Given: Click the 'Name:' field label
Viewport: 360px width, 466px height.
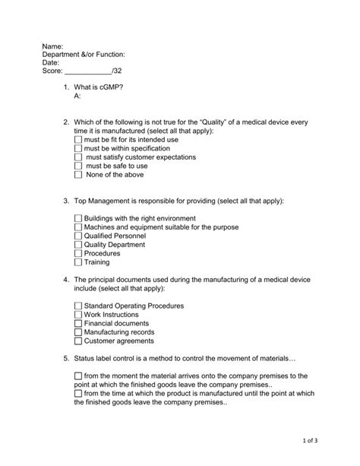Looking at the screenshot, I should click(52, 46).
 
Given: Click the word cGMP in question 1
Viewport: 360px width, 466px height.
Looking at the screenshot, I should click(109, 88).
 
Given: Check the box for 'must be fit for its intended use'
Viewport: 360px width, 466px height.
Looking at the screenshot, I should click(78, 140).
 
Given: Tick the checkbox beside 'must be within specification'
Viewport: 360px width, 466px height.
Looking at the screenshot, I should click(78, 149).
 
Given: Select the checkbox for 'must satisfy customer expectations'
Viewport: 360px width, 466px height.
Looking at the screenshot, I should click(78, 157).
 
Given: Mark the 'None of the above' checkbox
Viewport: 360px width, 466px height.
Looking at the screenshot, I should click(78, 175).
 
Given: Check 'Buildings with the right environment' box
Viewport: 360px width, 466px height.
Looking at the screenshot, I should click(78, 219).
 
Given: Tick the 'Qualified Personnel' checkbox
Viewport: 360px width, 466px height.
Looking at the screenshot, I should click(78, 236).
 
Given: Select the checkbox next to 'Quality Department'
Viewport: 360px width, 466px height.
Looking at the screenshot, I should click(78, 245).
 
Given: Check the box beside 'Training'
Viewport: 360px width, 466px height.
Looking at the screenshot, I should click(78, 262).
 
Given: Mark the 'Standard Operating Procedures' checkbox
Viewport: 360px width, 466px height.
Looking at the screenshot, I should click(78, 306).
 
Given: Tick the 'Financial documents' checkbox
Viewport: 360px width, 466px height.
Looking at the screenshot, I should click(78, 324).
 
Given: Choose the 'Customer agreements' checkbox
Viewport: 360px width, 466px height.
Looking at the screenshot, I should click(78, 341).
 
